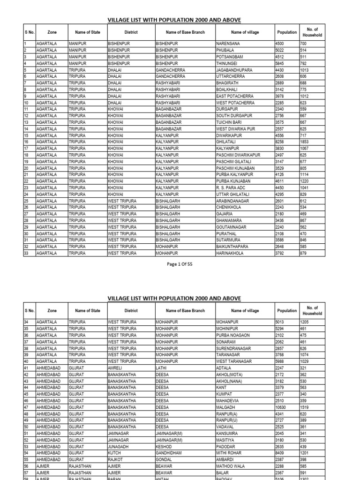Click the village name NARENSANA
pyautogui.click(x=228, y=44)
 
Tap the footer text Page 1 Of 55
pyautogui.click(x=180, y=264)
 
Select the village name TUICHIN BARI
pyautogui.click(x=229, y=122)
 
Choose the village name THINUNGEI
pyautogui.click(x=226, y=63)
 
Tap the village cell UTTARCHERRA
pyautogui.click(x=230, y=76)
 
